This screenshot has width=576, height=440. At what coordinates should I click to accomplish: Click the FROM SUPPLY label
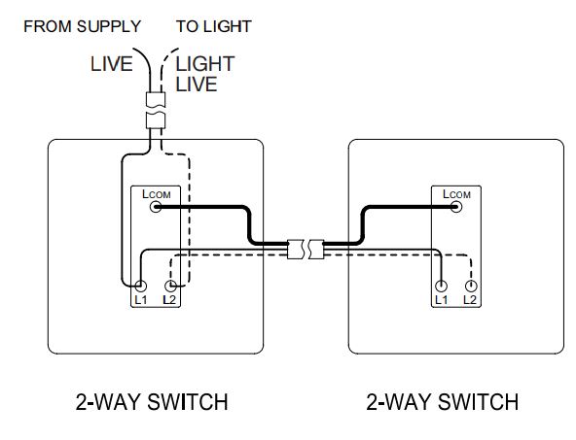82,26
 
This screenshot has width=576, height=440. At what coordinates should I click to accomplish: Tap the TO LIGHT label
214,26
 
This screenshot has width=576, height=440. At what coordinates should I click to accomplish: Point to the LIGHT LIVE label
205,75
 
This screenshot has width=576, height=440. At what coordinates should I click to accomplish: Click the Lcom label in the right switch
456,194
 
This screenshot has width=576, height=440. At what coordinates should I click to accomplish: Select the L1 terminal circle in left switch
142,287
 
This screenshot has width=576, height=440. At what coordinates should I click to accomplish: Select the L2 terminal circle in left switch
171,287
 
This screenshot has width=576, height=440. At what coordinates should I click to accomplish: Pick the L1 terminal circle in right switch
442,287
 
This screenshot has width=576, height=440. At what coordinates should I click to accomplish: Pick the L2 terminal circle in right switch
471,287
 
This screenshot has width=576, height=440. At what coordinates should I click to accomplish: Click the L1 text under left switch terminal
142,301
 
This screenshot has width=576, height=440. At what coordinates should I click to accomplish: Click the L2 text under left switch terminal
171,301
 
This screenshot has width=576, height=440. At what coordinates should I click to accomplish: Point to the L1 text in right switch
442,301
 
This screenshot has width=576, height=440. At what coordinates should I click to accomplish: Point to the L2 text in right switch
471,301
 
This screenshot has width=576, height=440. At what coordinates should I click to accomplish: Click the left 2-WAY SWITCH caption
152,401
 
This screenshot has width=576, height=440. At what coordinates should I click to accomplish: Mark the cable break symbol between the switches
304,250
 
